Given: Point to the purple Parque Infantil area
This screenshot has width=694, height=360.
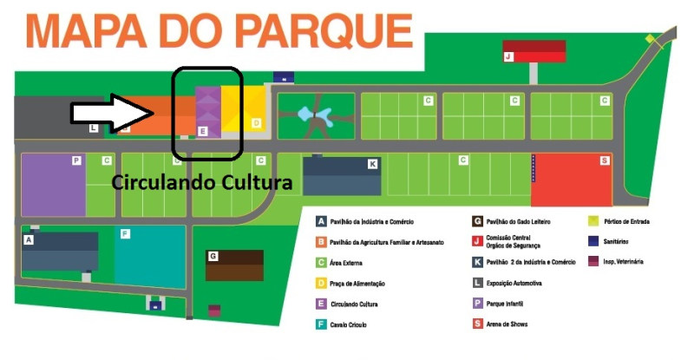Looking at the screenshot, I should pos(52,185).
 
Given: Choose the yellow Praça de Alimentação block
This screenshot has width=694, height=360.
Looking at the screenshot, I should pos(242,108).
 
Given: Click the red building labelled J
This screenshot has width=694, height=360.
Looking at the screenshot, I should pos(534,50).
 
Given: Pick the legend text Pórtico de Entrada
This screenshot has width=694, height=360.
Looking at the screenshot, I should pos(628,221).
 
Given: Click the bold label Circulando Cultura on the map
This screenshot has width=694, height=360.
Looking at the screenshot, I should pos(202,183).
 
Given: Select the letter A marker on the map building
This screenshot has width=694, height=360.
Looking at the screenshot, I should pos(29,239).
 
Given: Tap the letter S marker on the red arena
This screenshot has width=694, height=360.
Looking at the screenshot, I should pos(604,161).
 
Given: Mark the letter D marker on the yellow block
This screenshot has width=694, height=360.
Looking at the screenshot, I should pos(256,124).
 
